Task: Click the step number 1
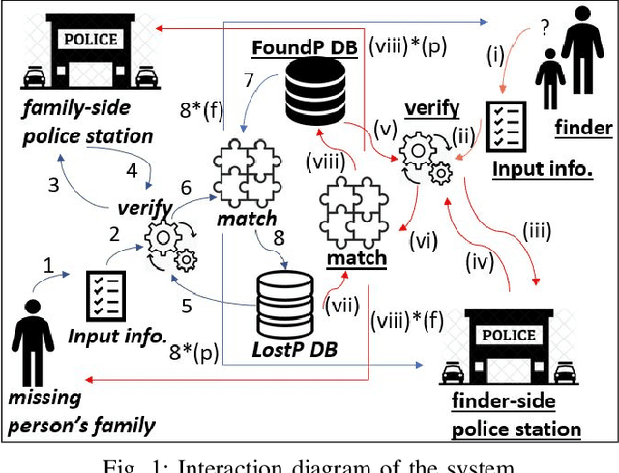49,263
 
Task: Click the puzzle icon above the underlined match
352,212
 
